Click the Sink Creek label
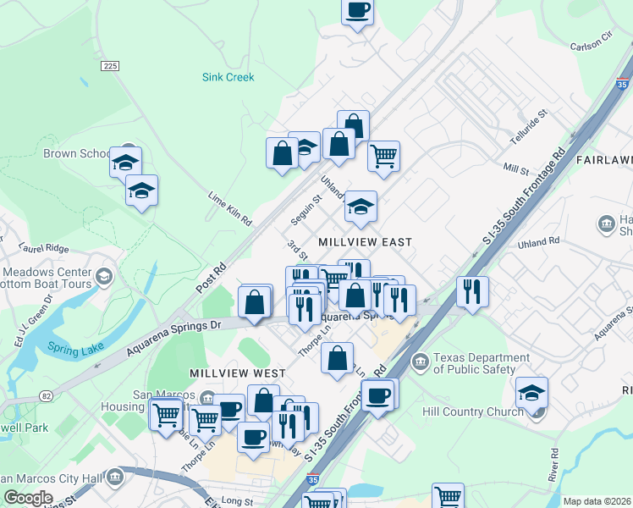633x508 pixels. click(228, 77)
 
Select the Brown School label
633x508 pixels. click(76, 154)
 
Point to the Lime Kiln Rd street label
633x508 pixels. click(230, 207)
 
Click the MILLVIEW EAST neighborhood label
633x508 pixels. click(365, 242)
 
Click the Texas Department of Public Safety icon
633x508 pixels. click(421, 362)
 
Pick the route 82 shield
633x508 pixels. click(47, 396)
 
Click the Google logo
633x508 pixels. click(28, 497)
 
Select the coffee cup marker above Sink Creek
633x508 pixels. click(357, 11)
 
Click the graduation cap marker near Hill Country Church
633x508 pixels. click(531, 392)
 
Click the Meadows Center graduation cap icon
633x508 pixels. click(103, 276)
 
